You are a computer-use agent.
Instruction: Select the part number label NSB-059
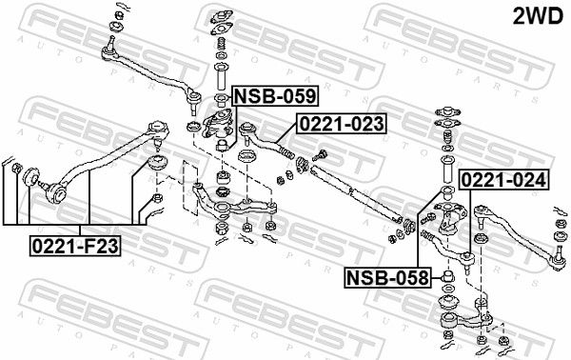tap(275, 96)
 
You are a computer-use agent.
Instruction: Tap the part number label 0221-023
tap(342, 124)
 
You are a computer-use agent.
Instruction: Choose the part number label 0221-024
tap(503, 179)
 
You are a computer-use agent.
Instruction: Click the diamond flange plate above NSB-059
tap(220, 17)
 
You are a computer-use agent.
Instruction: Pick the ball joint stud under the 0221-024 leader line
tap(469, 257)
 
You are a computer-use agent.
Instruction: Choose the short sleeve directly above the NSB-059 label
tap(219, 72)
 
